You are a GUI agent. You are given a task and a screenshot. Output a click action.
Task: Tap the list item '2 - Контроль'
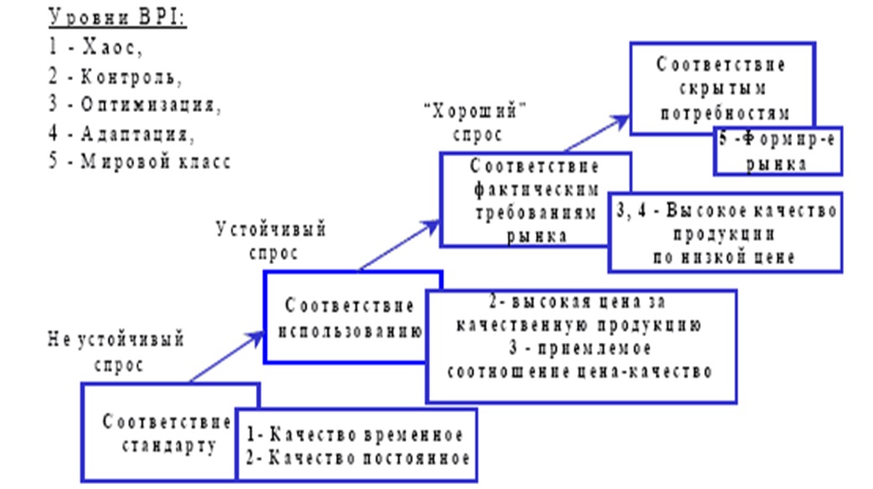pyautogui.click(x=115, y=77)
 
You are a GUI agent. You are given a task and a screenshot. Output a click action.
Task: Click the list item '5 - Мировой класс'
pyautogui.click(x=139, y=162)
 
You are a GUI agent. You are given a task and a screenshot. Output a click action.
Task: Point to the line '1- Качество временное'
pyautogui.click(x=355, y=436)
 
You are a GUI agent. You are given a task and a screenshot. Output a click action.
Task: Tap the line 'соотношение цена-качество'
pyautogui.click(x=580, y=371)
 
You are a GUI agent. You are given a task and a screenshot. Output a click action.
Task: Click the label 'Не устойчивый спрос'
pyautogui.click(x=115, y=352)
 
